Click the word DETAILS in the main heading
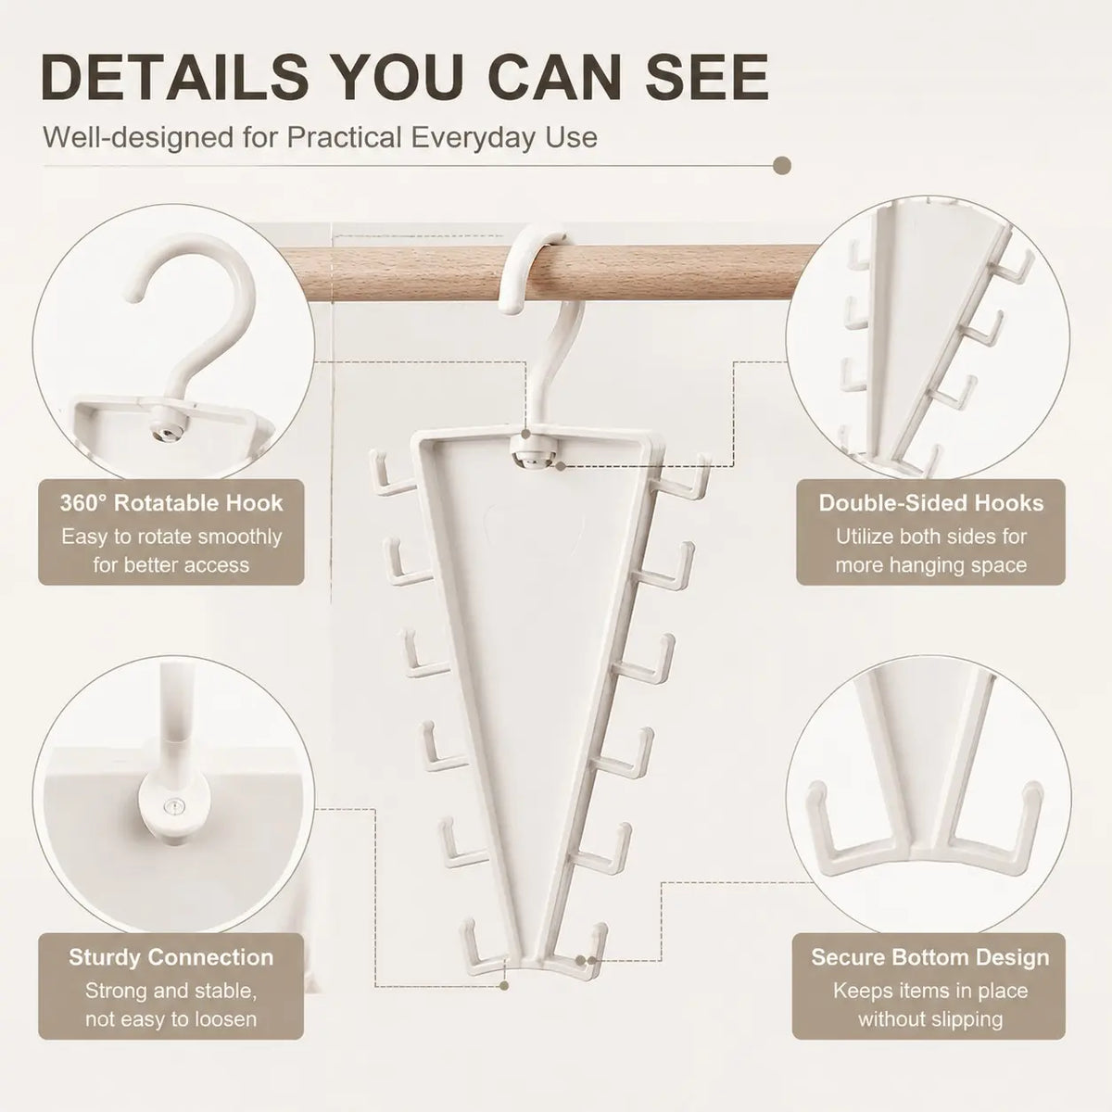point(175,77)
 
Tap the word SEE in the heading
point(707,77)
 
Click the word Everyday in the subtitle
point(468,138)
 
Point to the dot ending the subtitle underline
point(781,166)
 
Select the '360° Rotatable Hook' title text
point(171,502)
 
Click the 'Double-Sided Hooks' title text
point(930,502)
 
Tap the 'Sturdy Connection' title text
point(171,956)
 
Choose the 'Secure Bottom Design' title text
point(930,956)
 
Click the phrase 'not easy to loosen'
point(171,1018)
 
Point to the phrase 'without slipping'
point(930,1019)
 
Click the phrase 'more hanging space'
point(930,565)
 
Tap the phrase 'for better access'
point(171,564)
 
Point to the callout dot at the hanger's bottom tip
point(504,986)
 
